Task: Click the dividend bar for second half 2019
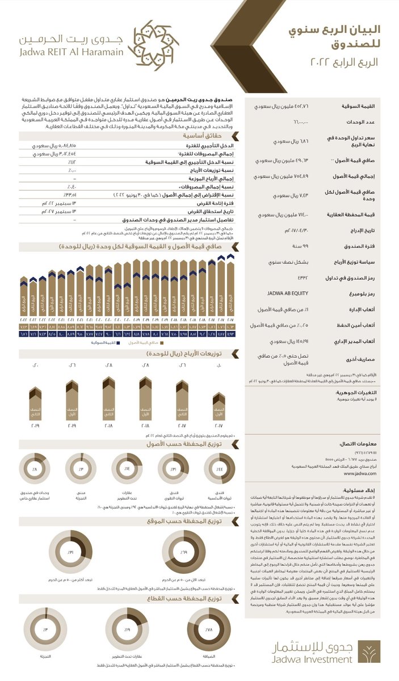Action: pyautogui.click(x=35, y=403)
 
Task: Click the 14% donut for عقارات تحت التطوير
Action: pyautogui.click(x=127, y=469)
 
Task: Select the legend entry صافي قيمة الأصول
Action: pyautogui.click(x=147, y=343)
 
